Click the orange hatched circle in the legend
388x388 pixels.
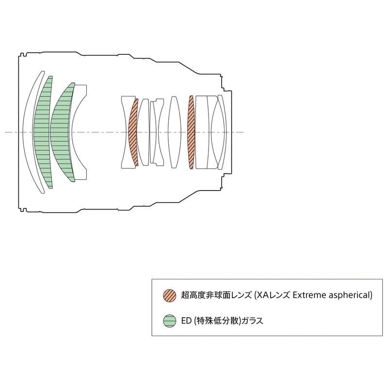coord(169,295)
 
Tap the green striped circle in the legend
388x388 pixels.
coord(169,321)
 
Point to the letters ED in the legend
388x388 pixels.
coord(186,321)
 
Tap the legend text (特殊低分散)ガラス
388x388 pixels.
coord(228,321)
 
